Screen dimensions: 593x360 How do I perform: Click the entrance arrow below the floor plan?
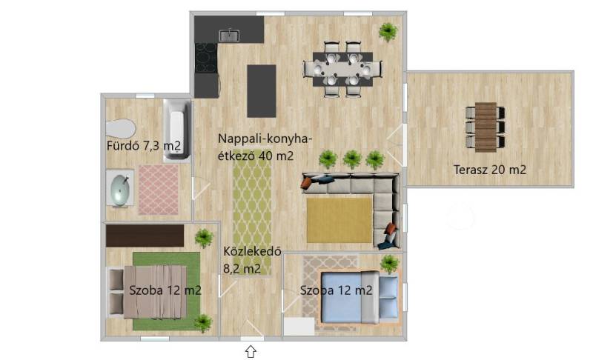(x=251, y=351)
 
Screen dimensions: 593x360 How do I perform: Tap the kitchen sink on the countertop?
(x=229, y=36)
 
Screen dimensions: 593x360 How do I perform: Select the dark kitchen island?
(x=262, y=91)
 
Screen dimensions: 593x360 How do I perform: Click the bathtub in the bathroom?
(x=177, y=130)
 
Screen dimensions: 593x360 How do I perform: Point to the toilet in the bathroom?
(x=120, y=128)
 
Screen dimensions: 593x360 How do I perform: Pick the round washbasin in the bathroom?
(x=120, y=188)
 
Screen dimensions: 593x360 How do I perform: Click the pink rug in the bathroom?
(x=159, y=190)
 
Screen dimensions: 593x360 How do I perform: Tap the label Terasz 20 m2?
(x=490, y=170)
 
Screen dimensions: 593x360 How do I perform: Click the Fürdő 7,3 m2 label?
(x=144, y=145)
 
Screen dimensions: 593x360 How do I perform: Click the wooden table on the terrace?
(x=486, y=127)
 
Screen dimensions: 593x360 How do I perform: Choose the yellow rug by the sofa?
(x=339, y=220)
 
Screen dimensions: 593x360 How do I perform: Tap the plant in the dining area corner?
(x=388, y=32)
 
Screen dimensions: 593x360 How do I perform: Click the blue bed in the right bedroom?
(x=360, y=297)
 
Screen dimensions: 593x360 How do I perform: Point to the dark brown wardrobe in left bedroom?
(x=145, y=236)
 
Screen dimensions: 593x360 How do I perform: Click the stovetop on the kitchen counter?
(x=206, y=58)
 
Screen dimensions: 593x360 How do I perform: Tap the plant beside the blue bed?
(x=390, y=263)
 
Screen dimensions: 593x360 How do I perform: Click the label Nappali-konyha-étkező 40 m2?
(x=265, y=147)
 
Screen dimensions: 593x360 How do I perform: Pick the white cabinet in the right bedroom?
(x=299, y=327)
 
